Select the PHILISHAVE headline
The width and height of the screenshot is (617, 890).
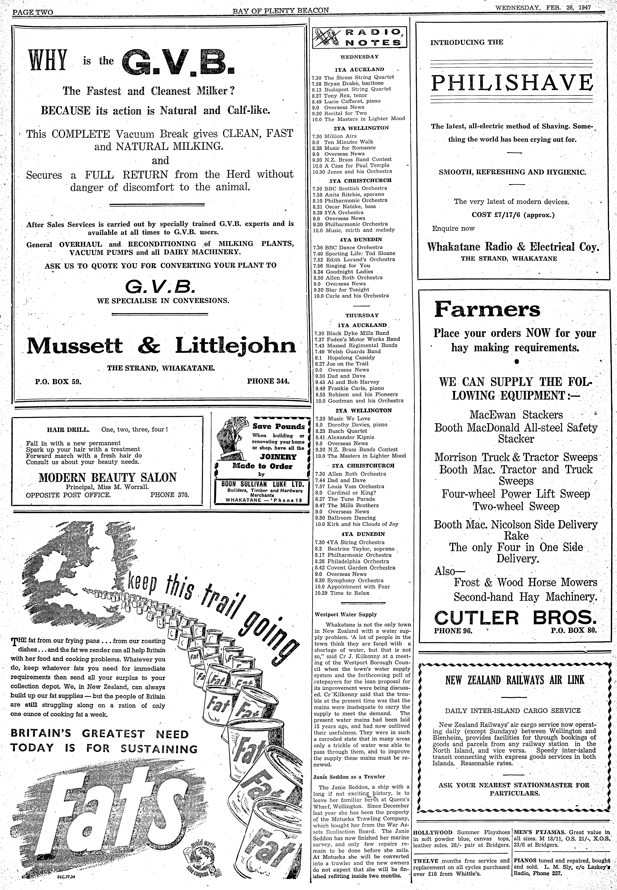pyautogui.click(x=512, y=82)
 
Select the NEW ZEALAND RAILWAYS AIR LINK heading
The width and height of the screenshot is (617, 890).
pyautogui.click(x=515, y=680)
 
